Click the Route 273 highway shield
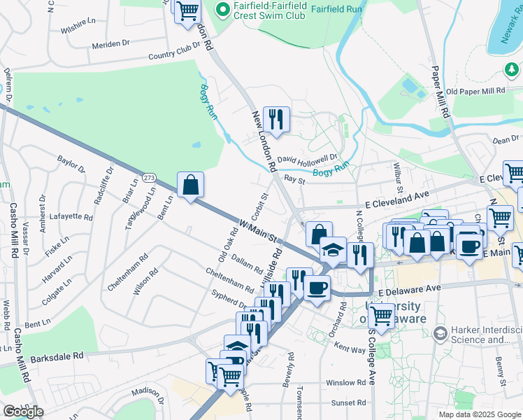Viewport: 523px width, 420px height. click(x=150, y=178)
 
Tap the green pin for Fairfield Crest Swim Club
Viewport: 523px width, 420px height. click(x=223, y=9)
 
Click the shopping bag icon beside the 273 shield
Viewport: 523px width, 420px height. click(x=190, y=186)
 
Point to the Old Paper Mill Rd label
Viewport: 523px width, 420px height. click(x=475, y=92)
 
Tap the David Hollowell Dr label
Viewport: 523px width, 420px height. click(x=308, y=159)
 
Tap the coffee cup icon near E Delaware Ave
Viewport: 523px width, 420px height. click(x=317, y=287)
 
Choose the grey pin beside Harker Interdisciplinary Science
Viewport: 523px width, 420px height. click(x=440, y=332)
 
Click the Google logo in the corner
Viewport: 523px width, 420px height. click(x=23, y=412)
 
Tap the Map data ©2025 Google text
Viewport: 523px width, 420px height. click(x=479, y=414)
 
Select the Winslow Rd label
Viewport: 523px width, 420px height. click(x=345, y=384)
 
